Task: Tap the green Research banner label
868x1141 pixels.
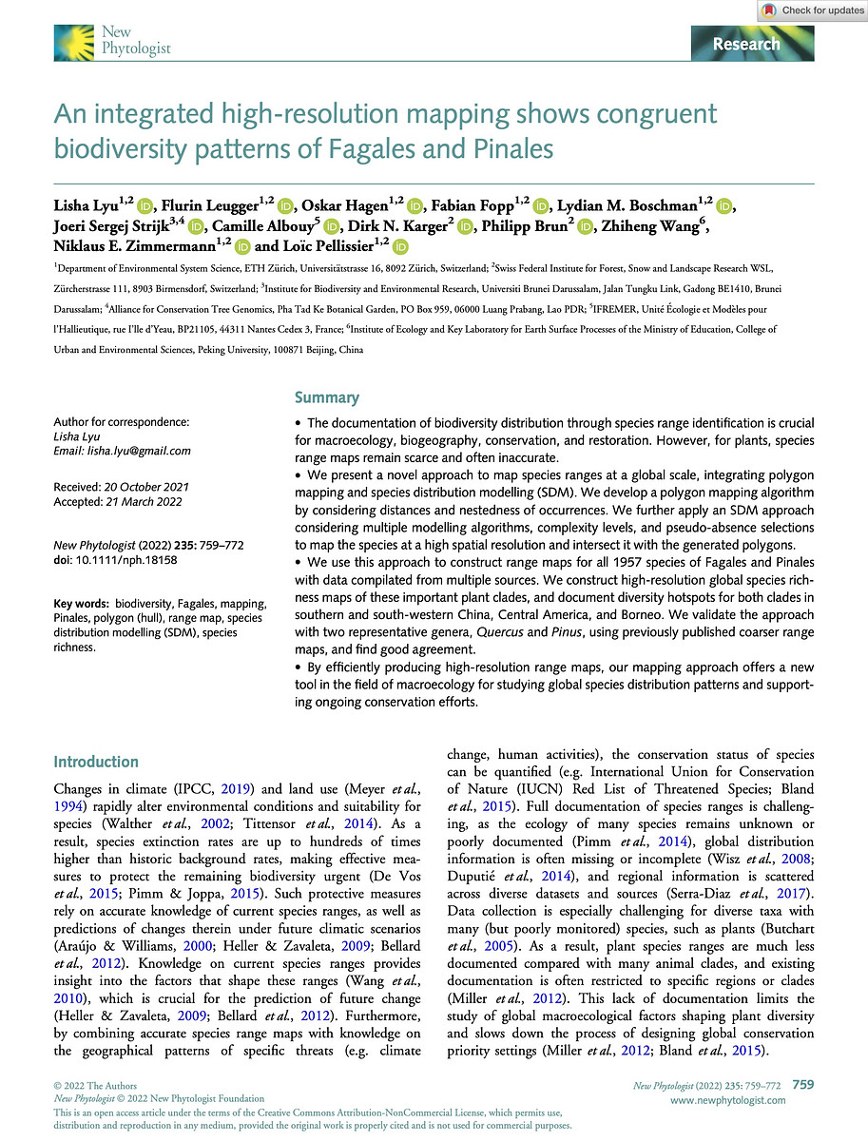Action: pos(746,44)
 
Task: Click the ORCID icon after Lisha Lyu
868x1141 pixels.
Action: pos(145,205)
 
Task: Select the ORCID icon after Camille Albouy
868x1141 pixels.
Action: pos(331,226)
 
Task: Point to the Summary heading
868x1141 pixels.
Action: pos(327,397)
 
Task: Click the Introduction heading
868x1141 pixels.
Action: pos(96,762)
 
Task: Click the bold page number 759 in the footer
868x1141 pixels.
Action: pos(802,1084)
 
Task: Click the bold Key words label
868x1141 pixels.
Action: pos(82,605)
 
